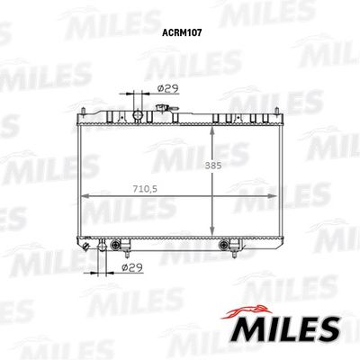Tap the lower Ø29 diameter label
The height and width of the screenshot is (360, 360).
tap(132, 266)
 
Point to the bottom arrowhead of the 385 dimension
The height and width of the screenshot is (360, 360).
tap(212, 232)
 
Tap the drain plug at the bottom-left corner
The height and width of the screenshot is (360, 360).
tap(82, 245)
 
